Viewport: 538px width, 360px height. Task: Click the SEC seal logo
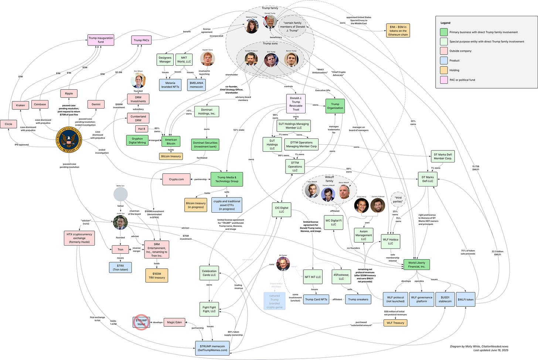click(x=69, y=140)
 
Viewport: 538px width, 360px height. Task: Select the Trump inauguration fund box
click(x=101, y=40)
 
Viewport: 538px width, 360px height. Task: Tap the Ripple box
click(x=69, y=93)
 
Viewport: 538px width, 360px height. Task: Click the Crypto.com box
click(x=176, y=179)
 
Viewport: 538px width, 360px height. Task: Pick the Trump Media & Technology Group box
click(x=227, y=179)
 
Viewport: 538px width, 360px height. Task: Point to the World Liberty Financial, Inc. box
click(x=416, y=264)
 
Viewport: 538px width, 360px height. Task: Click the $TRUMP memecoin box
click(x=212, y=348)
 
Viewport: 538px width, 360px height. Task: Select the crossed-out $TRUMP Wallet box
click(x=141, y=322)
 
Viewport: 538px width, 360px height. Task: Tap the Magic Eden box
click(x=174, y=322)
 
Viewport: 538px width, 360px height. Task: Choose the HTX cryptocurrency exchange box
click(x=79, y=238)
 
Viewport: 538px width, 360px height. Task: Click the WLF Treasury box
click(x=395, y=323)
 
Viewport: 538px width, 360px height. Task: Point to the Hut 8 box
click(x=142, y=129)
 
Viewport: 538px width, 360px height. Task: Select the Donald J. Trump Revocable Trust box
click(x=296, y=104)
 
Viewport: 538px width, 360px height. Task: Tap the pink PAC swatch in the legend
click(x=443, y=80)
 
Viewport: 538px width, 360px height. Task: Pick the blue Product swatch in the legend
click(x=443, y=61)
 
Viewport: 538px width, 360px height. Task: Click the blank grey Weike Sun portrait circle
click(x=120, y=194)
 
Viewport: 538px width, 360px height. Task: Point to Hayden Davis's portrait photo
click(x=207, y=59)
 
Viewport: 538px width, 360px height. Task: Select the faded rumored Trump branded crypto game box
click(x=274, y=301)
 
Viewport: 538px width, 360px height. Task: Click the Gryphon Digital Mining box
click(x=137, y=141)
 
